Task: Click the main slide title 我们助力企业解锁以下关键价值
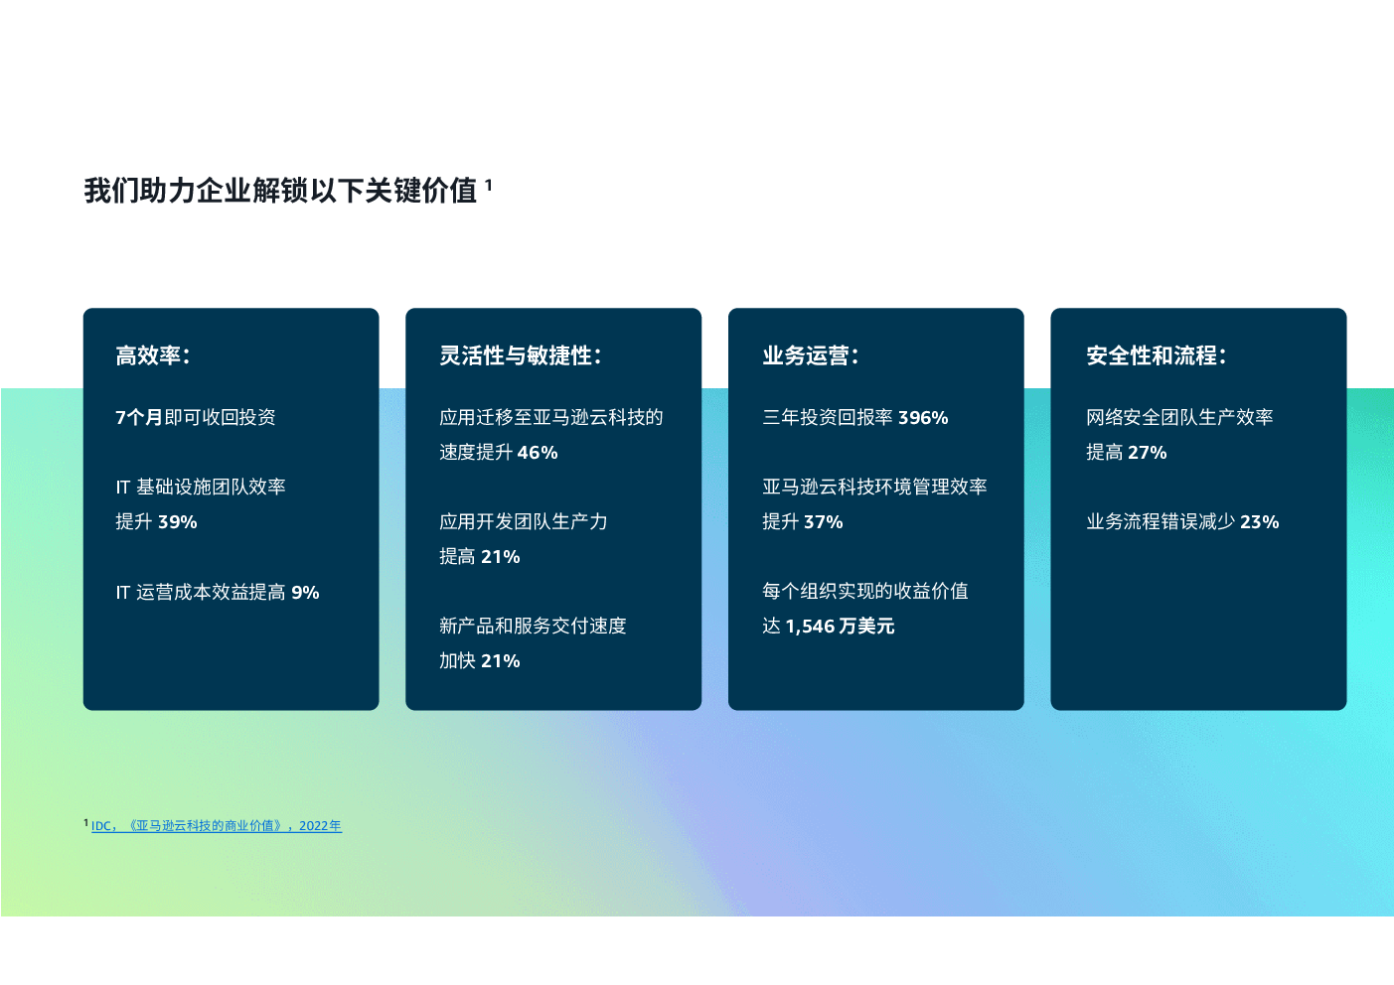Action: click(x=280, y=191)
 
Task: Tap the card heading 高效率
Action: click(x=148, y=355)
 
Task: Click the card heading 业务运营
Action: click(x=806, y=355)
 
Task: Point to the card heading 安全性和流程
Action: click(x=1152, y=355)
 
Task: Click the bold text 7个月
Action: click(x=139, y=417)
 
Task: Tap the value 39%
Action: click(x=178, y=521)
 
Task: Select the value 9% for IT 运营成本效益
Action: click(x=305, y=592)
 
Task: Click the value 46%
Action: click(x=538, y=452)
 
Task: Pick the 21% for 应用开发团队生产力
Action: click(x=500, y=557)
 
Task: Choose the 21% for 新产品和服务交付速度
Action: click(x=500, y=661)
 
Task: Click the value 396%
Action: click(x=923, y=417)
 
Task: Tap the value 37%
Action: click(x=823, y=521)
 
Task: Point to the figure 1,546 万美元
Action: click(x=840, y=627)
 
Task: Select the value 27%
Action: click(x=1147, y=452)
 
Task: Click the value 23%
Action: click(x=1259, y=521)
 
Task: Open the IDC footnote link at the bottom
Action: click(x=216, y=826)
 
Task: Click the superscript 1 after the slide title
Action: click(x=489, y=185)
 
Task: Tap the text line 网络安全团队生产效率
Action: click(x=1179, y=417)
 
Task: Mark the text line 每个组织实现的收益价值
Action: click(x=865, y=591)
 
